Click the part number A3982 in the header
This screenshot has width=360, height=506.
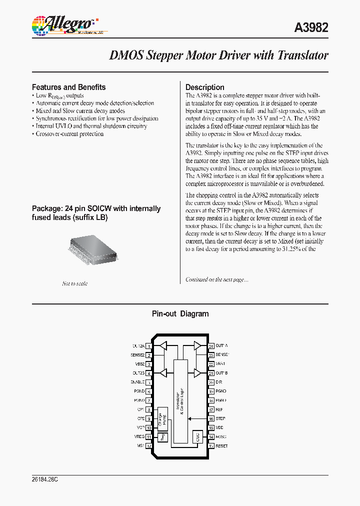point(311,27)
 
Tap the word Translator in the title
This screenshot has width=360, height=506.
point(299,55)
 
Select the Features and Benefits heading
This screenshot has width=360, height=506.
point(68,87)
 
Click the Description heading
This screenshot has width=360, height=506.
point(204,87)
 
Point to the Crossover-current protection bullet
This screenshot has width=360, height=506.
point(69,134)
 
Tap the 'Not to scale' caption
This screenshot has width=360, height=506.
point(74,283)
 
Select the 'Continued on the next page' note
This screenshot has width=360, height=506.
point(216,279)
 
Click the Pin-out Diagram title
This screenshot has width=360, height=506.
point(180,314)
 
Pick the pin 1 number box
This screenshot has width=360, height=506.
point(149,346)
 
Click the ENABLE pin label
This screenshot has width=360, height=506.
point(136,382)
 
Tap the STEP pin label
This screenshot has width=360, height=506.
point(220,418)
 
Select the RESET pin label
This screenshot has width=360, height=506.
point(221,446)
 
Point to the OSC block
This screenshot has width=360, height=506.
point(197,437)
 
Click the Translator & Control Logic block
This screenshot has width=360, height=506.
point(180,400)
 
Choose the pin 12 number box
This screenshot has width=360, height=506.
point(149,446)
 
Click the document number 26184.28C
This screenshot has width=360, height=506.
point(45,479)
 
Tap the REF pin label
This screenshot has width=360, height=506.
point(219,409)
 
